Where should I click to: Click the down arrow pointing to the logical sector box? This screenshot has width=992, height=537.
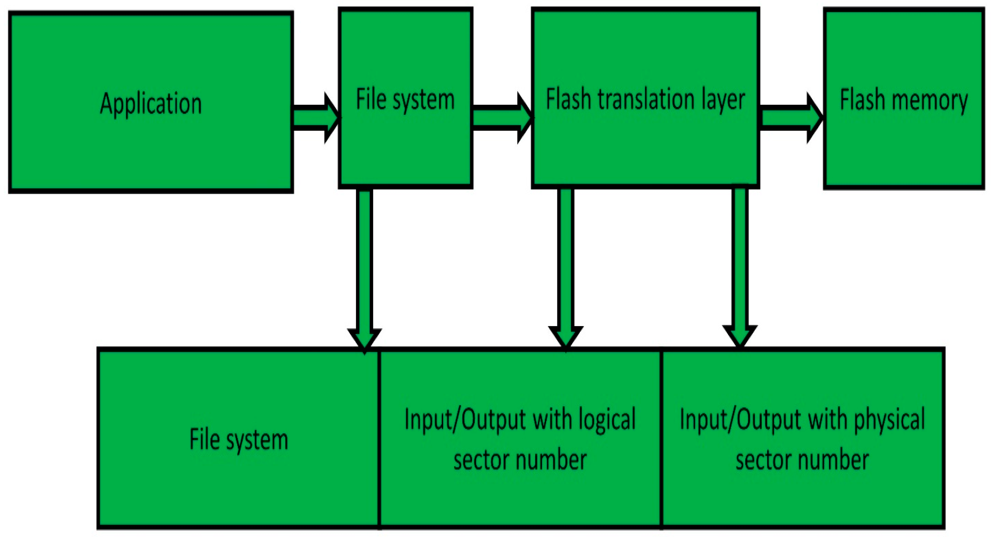click(x=566, y=270)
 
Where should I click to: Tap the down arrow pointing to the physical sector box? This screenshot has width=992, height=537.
click(x=740, y=270)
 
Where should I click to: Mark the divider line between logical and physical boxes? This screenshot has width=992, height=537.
click(x=661, y=439)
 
